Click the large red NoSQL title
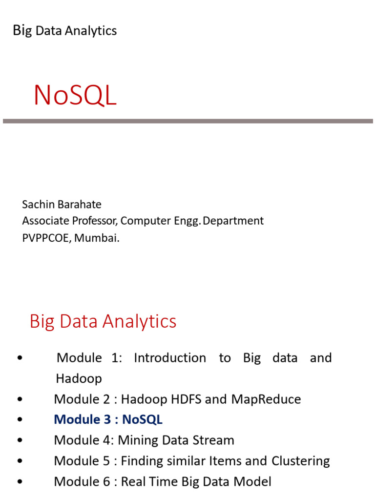click(75, 96)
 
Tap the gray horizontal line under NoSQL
click(187, 121)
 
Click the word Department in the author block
click(233, 221)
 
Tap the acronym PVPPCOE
click(45, 238)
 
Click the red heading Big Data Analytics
click(103, 321)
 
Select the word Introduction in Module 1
click(170, 358)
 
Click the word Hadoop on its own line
click(79, 378)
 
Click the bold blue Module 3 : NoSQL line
click(108, 420)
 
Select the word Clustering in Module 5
click(300, 461)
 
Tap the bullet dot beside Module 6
click(20, 482)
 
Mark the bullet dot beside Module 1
click(20, 358)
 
